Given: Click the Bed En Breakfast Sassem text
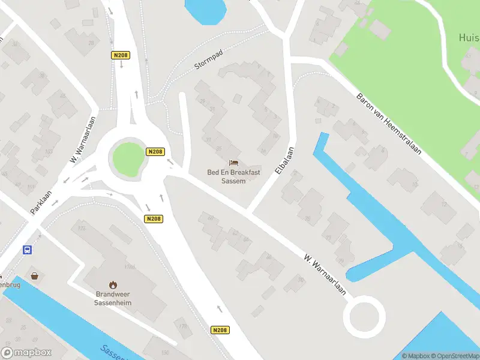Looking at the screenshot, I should coord(233,176).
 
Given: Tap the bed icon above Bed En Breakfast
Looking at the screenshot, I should coord(233,163).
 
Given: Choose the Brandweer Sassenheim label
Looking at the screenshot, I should coord(113,298).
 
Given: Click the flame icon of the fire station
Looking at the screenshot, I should coord(113,284).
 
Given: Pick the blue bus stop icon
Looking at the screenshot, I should coord(27,250).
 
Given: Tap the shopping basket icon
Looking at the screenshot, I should coord(35,275).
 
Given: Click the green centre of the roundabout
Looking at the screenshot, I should coord(127,158).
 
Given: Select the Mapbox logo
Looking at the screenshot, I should coord(26,353).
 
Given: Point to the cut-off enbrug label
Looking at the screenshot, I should coord(10,284).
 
